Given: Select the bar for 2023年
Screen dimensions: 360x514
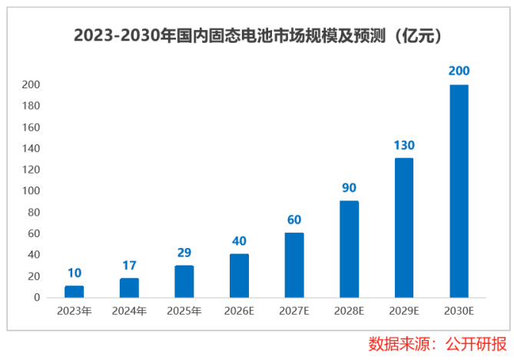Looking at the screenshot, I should point(74,291).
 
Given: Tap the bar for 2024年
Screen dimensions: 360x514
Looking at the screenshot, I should point(129,287).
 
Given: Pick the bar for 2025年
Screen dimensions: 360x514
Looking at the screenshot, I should point(184,281).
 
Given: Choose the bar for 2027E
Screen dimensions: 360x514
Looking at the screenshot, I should point(294,265).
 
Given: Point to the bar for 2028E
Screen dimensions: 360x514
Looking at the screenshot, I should point(349,249).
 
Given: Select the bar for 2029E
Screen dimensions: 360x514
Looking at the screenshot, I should point(404,227).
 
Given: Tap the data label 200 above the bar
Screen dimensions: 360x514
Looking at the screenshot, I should point(459,71).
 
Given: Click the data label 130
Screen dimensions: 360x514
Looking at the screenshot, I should point(404,145).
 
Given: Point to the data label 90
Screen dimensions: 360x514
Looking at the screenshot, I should point(349,188).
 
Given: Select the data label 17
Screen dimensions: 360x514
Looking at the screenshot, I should point(129,266).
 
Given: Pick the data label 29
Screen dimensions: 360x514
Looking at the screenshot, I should point(184,253).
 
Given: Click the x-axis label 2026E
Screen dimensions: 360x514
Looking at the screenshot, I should point(239,311).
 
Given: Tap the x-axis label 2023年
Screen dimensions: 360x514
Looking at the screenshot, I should point(74,311).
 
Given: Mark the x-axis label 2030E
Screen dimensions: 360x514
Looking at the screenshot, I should point(459,311).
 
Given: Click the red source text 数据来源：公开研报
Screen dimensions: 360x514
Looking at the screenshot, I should point(437,343).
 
